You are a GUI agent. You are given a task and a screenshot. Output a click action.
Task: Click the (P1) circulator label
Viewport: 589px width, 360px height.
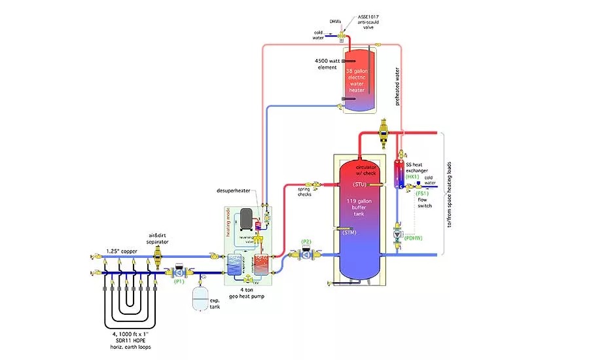[179, 282]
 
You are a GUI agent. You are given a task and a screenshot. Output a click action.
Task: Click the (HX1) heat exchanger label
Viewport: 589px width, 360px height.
[412, 177]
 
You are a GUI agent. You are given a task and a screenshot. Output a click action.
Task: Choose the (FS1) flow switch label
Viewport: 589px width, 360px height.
[423, 194]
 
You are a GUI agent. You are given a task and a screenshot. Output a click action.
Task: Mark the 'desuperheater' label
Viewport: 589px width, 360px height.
[235, 190]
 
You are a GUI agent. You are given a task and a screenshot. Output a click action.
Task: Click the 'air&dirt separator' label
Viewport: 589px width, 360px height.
[158, 240]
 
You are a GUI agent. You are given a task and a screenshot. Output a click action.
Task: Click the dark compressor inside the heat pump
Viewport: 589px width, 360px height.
[246, 219]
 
